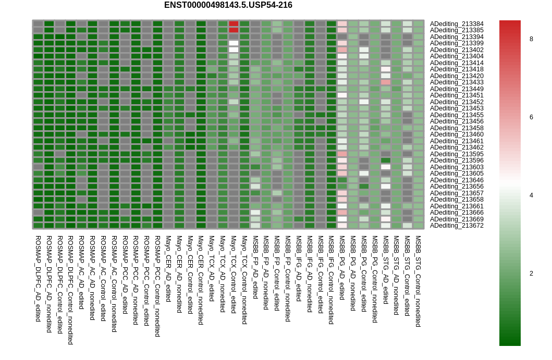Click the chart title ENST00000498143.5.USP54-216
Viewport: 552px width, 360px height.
click(228, 5)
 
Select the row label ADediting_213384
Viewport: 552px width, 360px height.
click(457, 24)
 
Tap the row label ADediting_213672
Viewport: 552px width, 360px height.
click(457, 226)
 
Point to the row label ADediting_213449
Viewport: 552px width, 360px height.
click(457, 89)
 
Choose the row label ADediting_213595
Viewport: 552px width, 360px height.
click(457, 154)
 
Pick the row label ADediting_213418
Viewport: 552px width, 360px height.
click(457, 69)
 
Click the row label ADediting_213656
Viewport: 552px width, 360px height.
click(457, 187)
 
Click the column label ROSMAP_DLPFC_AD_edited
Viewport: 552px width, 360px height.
click(38, 278)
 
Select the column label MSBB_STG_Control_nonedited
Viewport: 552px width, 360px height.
click(418, 281)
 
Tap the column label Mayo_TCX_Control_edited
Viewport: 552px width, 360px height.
click(234, 274)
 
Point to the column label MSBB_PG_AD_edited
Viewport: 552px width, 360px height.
click(342, 267)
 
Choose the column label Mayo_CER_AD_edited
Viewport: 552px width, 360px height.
click(168, 268)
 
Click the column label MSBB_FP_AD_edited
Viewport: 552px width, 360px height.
click(255, 267)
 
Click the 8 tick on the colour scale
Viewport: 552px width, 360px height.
click(531, 39)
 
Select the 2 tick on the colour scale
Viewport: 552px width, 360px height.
click(531, 273)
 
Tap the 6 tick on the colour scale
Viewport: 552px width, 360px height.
click(531, 117)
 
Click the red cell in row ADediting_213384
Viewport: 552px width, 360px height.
click(234, 24)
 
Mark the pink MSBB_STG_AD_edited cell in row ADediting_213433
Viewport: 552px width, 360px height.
click(386, 82)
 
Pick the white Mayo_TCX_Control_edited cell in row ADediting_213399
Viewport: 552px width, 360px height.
click(234, 43)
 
